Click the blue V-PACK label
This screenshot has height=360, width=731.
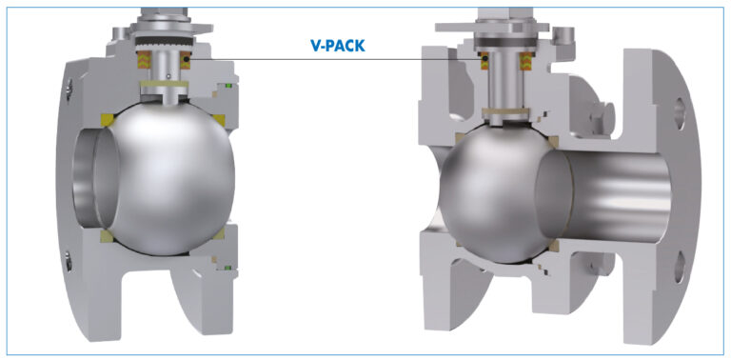[338, 45]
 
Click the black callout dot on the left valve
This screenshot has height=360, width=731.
[187, 59]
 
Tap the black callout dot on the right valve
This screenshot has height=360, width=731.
[484, 58]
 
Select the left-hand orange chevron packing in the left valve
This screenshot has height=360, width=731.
[142, 60]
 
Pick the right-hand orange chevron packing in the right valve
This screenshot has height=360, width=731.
[526, 61]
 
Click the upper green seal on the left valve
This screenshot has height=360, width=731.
[228, 86]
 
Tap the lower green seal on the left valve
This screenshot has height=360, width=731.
[228, 268]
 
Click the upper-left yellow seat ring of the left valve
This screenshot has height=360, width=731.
[109, 119]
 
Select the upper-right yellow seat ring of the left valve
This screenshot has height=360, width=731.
[218, 120]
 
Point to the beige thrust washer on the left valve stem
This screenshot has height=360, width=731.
[164, 85]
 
